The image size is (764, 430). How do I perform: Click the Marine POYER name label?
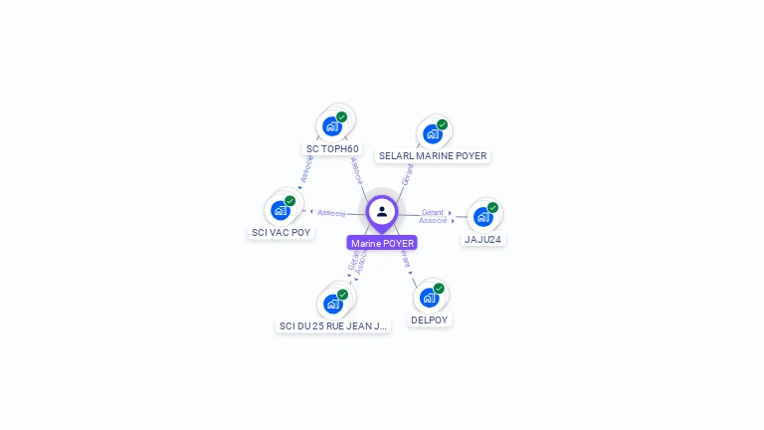point(382,243)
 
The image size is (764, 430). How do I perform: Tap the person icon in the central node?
point(382,211)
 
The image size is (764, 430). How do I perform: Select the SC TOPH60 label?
point(332,149)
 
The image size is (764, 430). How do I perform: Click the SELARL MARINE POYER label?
point(433,156)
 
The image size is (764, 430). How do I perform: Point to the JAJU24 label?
point(483,239)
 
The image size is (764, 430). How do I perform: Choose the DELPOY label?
point(430,321)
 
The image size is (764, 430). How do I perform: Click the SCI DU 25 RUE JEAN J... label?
point(333,325)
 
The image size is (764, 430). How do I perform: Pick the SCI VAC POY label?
point(281,233)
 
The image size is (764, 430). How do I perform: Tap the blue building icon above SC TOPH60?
point(332,126)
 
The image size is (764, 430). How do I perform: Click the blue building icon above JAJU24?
point(482,216)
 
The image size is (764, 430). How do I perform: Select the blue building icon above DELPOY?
point(429,297)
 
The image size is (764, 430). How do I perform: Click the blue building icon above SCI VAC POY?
point(281,210)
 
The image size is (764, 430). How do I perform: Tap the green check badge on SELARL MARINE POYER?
point(443,124)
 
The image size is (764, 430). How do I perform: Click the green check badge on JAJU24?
point(492,207)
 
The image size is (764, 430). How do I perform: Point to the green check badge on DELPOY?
point(439,288)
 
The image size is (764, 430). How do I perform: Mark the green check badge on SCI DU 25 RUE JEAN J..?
point(342,294)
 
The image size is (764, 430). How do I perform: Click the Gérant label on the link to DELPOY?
point(405,262)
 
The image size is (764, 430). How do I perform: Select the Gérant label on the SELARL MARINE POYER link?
point(407,174)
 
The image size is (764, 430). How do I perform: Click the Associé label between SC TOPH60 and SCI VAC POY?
point(306,168)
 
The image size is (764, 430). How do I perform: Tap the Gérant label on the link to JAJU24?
point(432,212)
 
